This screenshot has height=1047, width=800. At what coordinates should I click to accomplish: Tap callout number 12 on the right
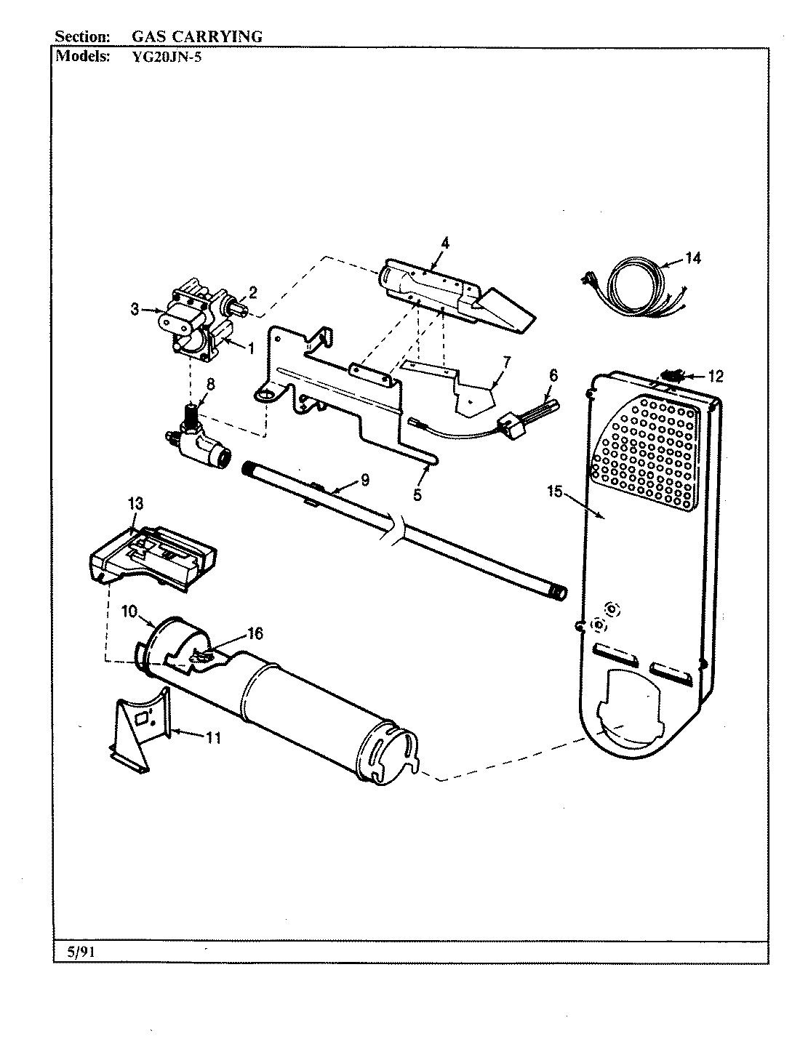click(x=716, y=376)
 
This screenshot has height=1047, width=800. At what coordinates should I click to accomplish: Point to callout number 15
click(x=555, y=492)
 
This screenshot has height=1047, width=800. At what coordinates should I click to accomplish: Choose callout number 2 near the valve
click(x=252, y=292)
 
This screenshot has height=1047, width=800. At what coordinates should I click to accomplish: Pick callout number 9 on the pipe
click(x=364, y=479)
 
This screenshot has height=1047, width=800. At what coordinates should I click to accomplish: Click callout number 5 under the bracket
click(x=417, y=494)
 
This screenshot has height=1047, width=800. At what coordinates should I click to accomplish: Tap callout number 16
click(x=255, y=633)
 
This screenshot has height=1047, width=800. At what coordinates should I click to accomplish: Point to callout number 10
click(x=129, y=611)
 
